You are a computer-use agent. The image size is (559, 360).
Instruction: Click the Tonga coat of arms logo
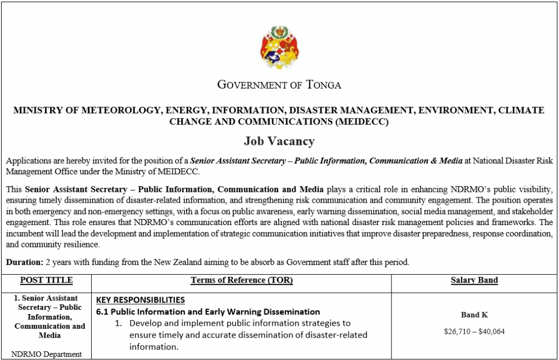point(279,47)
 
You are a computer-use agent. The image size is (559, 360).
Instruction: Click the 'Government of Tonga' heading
point(279,85)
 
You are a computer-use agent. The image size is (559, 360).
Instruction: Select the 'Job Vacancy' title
point(279,141)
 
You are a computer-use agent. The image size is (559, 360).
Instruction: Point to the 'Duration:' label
point(24,262)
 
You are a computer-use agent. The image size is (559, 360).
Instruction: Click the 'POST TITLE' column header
point(46,280)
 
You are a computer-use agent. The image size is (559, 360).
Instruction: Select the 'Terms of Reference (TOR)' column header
point(241,280)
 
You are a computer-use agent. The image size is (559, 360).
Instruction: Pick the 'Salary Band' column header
point(474,280)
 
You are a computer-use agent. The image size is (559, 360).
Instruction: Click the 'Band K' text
point(474,315)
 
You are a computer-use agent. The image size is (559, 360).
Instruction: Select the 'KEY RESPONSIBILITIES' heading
point(140,300)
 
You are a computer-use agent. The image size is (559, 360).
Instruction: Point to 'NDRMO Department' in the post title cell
point(46,354)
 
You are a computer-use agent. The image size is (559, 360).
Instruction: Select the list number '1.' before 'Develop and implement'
point(118,323)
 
